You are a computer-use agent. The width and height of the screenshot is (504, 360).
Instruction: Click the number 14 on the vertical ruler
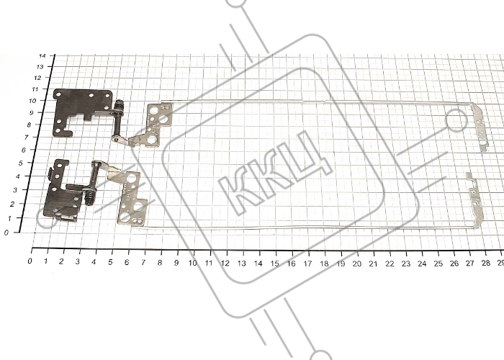(42, 56)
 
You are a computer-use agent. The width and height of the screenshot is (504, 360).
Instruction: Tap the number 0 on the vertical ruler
(6, 233)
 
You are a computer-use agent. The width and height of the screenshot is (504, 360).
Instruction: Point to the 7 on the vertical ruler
(27, 138)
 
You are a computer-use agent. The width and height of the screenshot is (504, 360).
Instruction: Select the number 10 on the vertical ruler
(32, 101)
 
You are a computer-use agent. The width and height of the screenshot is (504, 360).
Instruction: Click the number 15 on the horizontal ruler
(274, 264)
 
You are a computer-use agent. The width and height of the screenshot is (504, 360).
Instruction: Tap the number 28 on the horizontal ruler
(486, 264)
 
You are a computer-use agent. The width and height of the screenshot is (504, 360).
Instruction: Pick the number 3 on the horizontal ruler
(78, 261)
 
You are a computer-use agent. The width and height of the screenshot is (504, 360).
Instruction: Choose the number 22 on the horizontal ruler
(390, 264)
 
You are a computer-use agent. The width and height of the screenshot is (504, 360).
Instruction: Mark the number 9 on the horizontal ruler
(176, 263)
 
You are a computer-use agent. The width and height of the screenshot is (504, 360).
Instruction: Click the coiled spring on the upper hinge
(119, 104)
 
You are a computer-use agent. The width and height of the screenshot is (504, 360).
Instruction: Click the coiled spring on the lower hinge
(91, 197)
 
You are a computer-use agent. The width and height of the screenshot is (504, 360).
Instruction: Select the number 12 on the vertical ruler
(37, 78)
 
